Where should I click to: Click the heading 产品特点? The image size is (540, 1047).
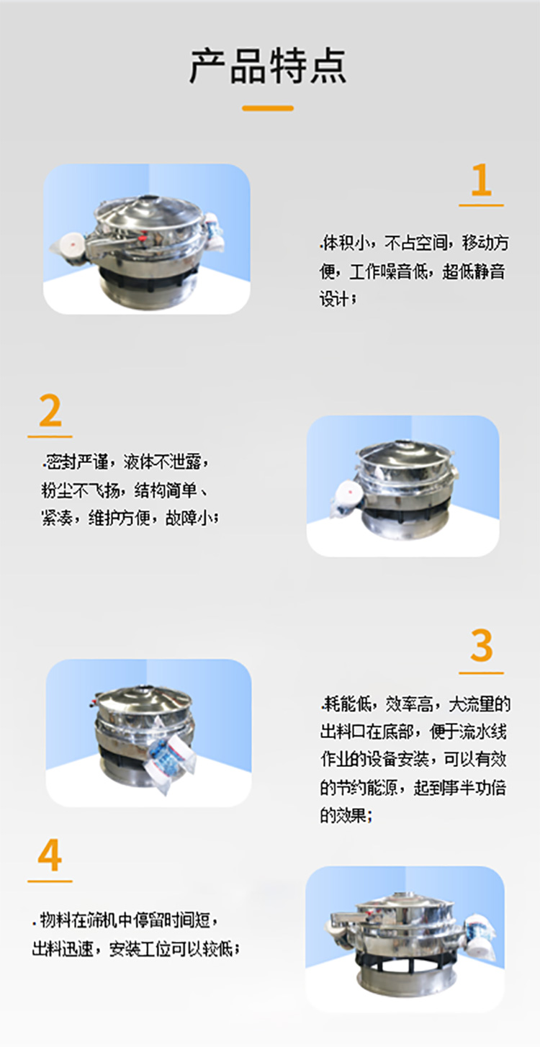click(x=268, y=66)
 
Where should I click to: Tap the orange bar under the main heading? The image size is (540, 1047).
click(x=268, y=108)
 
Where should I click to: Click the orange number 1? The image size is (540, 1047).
click(x=481, y=181)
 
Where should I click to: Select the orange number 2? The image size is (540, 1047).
click(x=50, y=411)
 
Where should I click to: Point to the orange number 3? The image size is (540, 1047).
click(x=482, y=647)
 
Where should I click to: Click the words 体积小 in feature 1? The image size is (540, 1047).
click(x=343, y=243)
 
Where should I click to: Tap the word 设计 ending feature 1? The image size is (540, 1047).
click(x=336, y=297)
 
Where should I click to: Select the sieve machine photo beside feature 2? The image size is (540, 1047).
click(x=403, y=486)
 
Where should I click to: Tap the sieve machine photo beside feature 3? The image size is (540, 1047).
click(x=149, y=732)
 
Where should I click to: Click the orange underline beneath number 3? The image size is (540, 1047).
click(x=482, y=673)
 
